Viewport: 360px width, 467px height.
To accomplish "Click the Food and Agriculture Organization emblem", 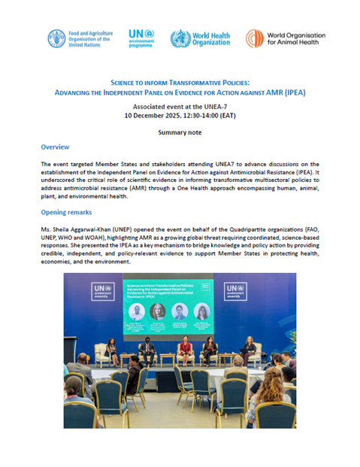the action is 57,38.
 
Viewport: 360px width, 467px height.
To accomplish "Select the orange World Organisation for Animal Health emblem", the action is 255,38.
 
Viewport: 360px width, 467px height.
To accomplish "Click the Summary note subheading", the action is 180,132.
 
